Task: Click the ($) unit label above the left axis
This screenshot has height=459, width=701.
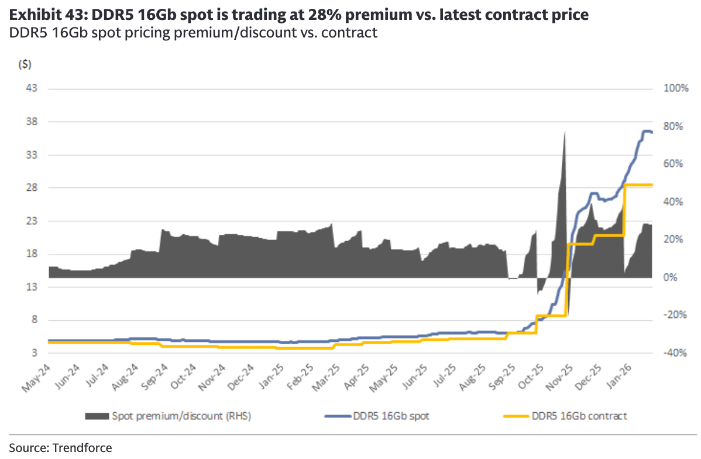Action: point(25,65)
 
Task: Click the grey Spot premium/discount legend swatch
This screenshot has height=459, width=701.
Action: point(97,416)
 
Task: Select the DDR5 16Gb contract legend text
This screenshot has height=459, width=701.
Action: point(579,416)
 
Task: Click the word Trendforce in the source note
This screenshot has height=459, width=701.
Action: point(82,448)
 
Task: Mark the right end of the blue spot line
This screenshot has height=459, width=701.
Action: point(652,132)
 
